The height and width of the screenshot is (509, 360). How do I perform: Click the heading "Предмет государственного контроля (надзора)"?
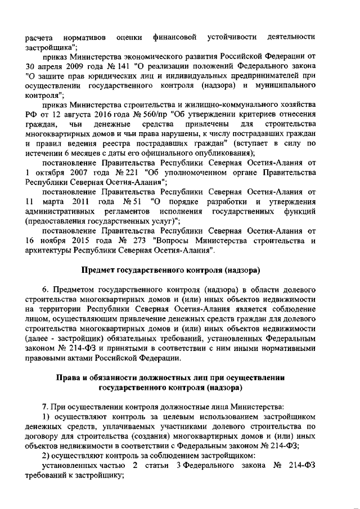pos(170,270)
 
